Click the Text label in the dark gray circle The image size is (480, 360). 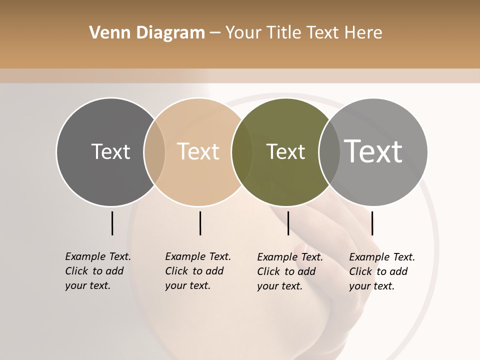click(110, 151)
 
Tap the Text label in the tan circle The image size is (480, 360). click(198, 151)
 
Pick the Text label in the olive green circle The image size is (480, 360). click(285, 151)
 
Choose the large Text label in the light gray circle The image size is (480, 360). click(373, 151)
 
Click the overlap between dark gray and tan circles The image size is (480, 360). click(154, 151)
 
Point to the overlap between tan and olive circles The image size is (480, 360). click(242, 151)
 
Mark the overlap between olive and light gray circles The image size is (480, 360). click(329, 151)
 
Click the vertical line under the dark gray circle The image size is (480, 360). click(112, 223)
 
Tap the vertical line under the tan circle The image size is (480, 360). click(200, 223)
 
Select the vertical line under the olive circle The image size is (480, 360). click(288, 223)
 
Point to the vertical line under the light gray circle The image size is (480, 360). click(372, 223)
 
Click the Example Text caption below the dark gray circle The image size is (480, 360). click(97, 271)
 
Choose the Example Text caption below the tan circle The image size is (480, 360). click(197, 271)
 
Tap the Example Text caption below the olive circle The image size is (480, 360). click(289, 271)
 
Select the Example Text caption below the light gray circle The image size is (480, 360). click(381, 271)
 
